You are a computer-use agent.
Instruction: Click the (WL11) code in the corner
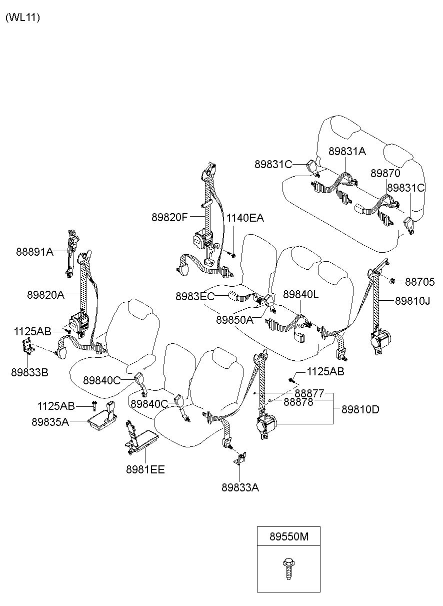[x=22, y=18]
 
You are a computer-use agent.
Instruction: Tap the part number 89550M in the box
[x=288, y=536]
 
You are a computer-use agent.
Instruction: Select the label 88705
[x=419, y=282]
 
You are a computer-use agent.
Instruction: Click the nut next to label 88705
[x=392, y=281]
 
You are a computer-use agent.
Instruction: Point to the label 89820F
[x=169, y=217]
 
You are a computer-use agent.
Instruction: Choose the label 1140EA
[x=245, y=218]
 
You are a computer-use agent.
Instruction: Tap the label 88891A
[x=35, y=252]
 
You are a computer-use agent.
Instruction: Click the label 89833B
[x=29, y=372]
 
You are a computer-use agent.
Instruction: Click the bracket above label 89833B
[x=28, y=347]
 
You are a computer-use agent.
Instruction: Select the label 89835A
[x=50, y=422]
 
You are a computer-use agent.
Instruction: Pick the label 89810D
[x=360, y=410]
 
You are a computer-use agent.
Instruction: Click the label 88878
[x=298, y=402]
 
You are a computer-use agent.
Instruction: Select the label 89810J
[x=412, y=301]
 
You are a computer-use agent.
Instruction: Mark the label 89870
[x=385, y=173]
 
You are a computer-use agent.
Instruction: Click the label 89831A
[x=347, y=151]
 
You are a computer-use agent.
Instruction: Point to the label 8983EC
[x=195, y=296]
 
